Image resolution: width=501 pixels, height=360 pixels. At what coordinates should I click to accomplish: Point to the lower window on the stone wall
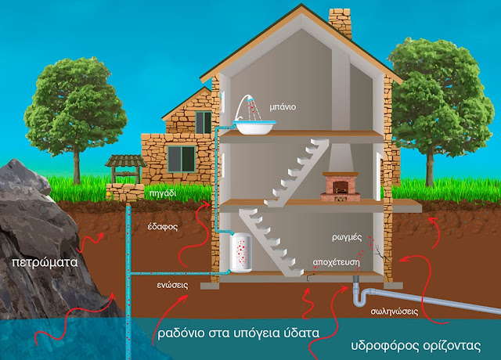pyautogui.click(x=182, y=160)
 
